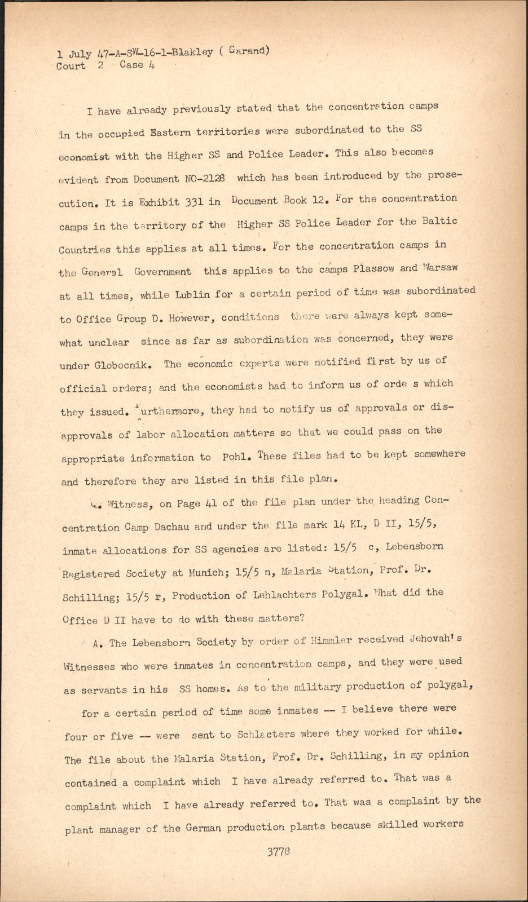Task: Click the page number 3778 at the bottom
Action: pyautogui.click(x=278, y=851)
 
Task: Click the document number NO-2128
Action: pyautogui.click(x=204, y=179)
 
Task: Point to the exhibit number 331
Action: pyautogui.click(x=193, y=202)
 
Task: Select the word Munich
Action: pyautogui.click(x=206, y=573)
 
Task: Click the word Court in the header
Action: pyautogui.click(x=71, y=66)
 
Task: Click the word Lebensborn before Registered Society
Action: pyautogui.click(x=415, y=546)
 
